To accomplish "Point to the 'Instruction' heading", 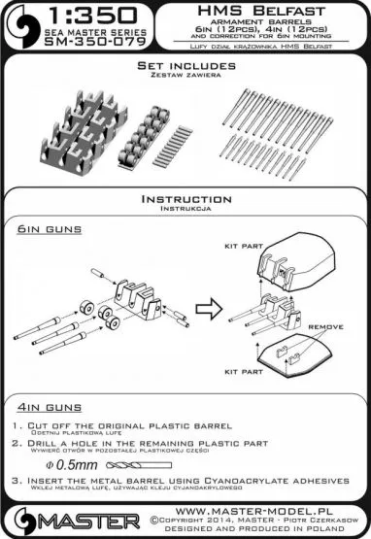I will tap(185, 198).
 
